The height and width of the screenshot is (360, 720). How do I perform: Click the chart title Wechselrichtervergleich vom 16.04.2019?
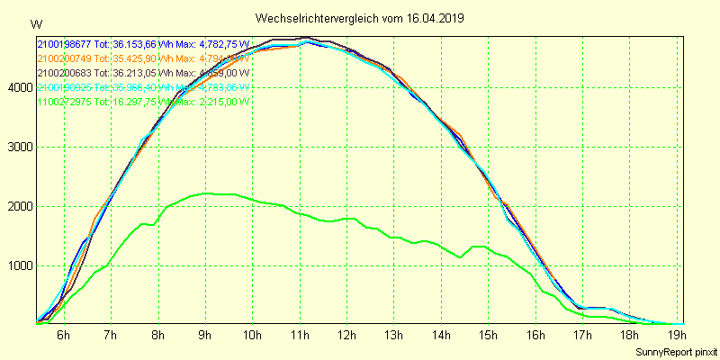click(360, 18)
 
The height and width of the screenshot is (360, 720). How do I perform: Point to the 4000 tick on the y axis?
click(18, 87)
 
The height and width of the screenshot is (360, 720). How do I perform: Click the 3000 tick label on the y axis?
click(18, 147)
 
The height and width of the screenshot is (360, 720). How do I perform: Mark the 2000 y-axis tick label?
click(18, 206)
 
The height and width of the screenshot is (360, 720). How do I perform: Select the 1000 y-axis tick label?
click(18, 265)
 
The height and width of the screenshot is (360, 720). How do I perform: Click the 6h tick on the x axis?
click(63, 336)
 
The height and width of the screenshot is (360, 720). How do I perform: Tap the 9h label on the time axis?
click(205, 336)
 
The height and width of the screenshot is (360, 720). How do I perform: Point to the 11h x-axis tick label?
click(300, 336)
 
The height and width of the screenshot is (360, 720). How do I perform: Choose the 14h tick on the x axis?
click(442, 336)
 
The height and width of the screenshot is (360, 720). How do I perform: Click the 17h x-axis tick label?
click(583, 336)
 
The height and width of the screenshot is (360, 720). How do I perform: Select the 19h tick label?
click(678, 336)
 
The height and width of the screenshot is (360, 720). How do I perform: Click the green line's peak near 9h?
click(206, 193)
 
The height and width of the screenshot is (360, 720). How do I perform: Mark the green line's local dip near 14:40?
click(461, 257)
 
